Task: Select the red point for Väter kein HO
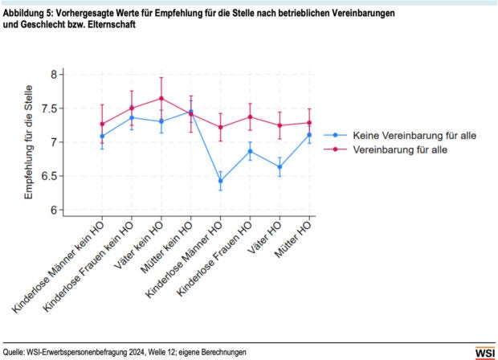[x=161, y=98]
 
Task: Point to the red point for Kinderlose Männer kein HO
[x=102, y=124]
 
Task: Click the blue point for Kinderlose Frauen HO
[x=251, y=151]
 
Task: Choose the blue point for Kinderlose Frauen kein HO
[x=132, y=117]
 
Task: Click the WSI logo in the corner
[x=484, y=352]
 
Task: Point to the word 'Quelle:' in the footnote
[x=14, y=353]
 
